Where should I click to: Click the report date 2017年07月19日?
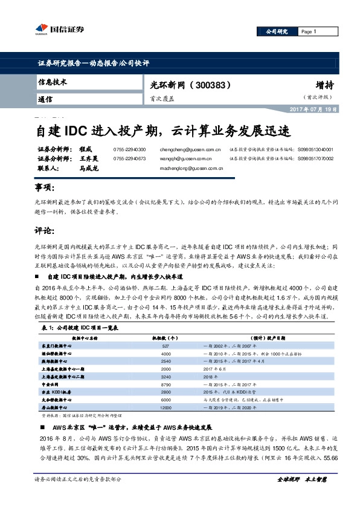tap(317, 108)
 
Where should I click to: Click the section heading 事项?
tap(46, 188)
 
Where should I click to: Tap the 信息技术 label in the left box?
tap(53, 82)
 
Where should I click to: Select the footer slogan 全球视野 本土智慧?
tap(301, 494)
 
